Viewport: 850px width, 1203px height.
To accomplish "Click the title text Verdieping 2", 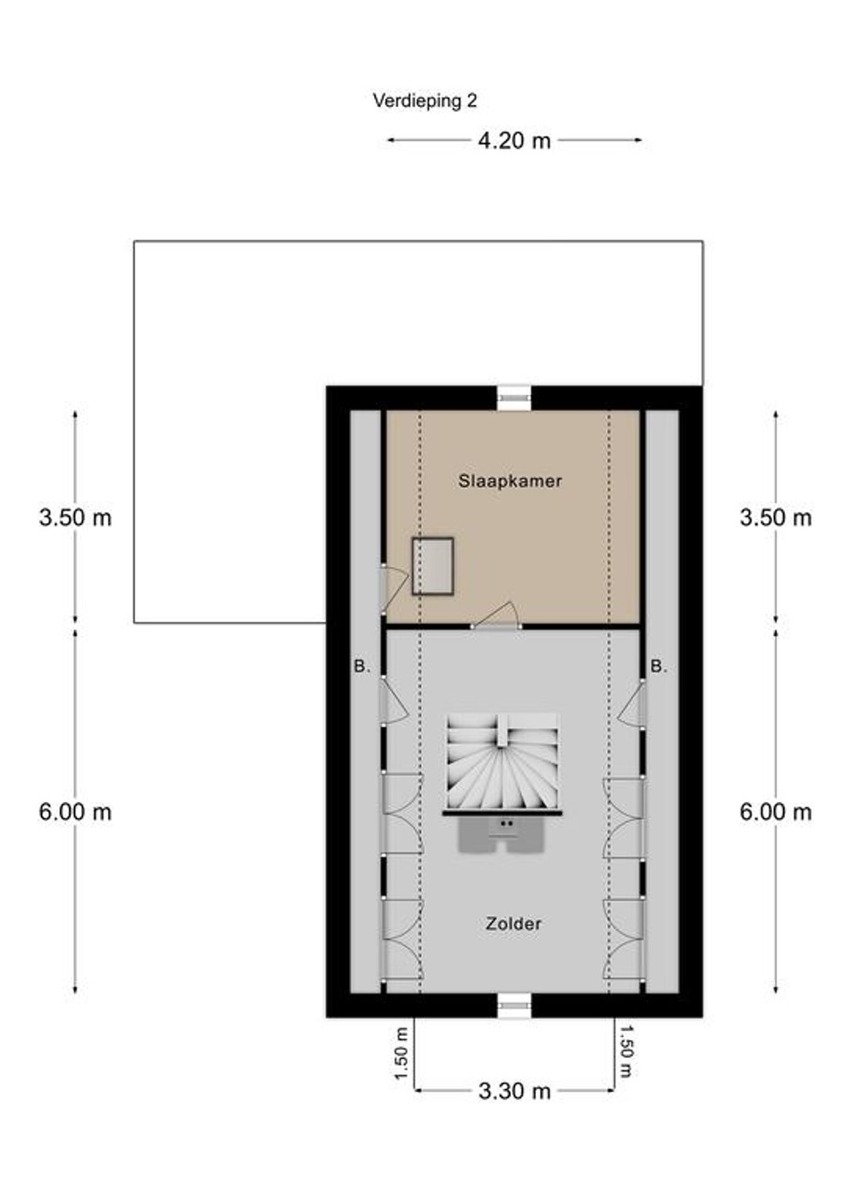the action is point(424,101).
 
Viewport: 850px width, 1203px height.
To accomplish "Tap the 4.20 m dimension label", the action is point(514,140).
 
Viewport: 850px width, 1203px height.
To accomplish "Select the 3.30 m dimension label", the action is point(514,1091).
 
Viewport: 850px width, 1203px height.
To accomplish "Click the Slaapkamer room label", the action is point(510,480).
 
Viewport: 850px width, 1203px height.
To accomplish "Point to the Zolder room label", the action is point(513,924).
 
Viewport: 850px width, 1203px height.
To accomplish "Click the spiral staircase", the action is point(503,763).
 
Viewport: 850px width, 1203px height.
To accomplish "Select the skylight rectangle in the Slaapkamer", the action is point(433,566).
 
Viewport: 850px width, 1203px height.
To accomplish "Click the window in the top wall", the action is point(514,398).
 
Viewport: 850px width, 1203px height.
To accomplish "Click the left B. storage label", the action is point(362,667).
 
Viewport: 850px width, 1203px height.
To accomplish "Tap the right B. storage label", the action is point(659,667).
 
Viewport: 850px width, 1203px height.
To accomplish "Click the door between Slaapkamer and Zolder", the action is point(496,616).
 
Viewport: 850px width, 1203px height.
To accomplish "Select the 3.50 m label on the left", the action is point(75,518).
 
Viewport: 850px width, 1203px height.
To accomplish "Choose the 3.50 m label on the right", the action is point(776,518).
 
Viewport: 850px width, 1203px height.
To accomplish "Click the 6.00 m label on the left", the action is point(75,811).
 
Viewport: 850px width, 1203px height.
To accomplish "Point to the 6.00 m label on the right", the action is point(776,811).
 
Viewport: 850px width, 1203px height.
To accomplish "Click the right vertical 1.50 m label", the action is point(626,1054).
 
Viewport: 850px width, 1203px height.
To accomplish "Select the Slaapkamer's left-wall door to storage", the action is point(394,588).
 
